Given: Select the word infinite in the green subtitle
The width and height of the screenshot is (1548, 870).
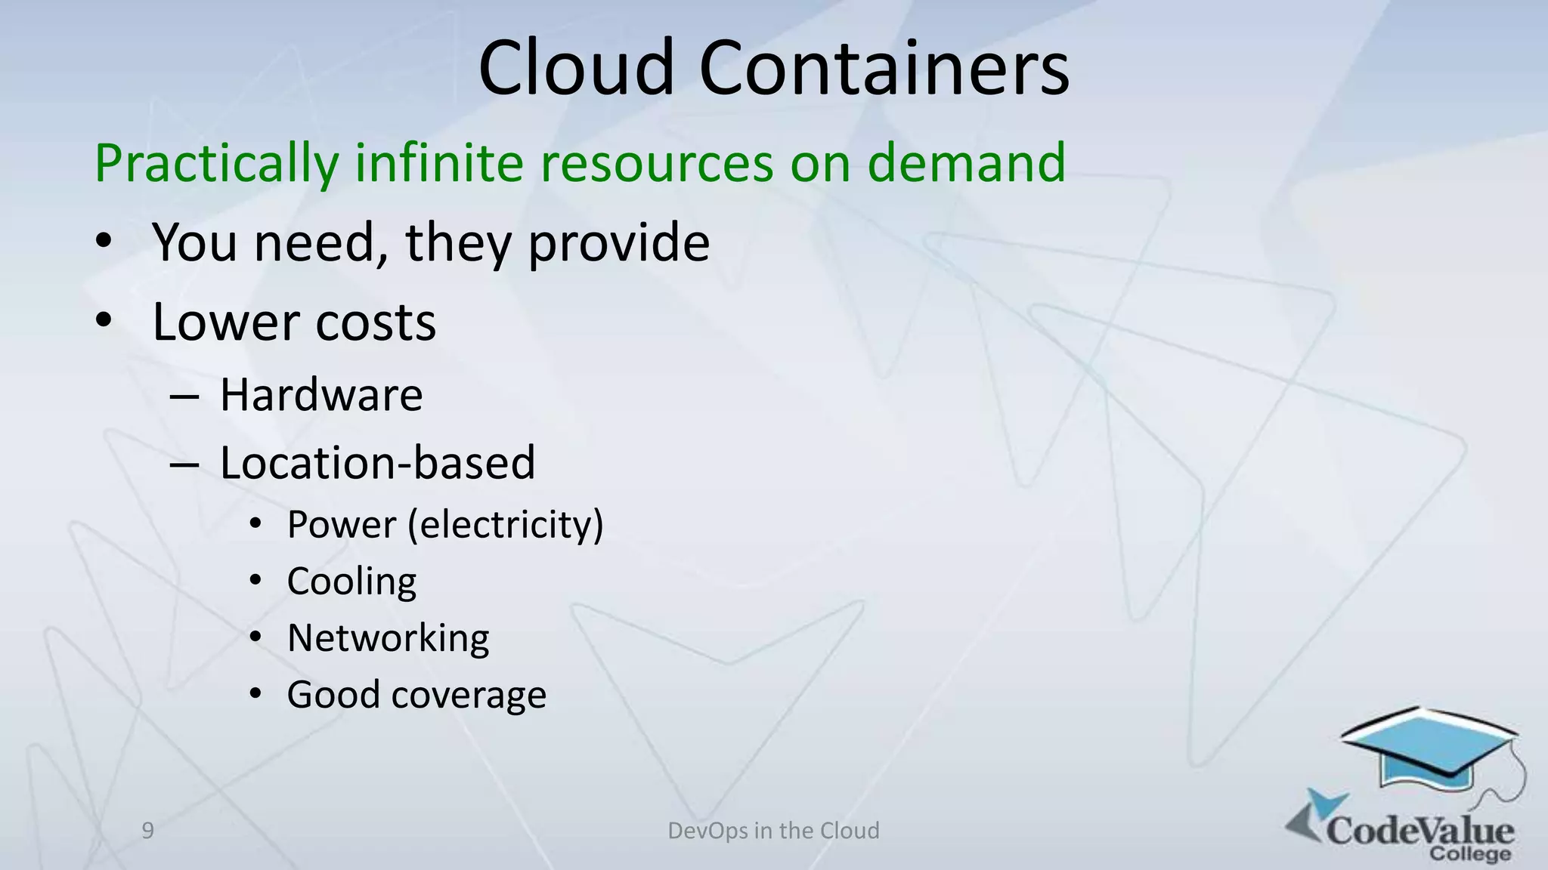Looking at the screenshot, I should [439, 162].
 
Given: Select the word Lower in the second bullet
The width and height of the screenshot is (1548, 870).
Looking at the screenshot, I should [226, 322].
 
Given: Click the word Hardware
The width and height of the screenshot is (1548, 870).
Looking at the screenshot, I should [321, 395].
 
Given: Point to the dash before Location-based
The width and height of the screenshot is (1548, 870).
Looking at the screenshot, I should [184, 464].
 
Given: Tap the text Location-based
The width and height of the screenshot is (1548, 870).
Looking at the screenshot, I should [377, 463].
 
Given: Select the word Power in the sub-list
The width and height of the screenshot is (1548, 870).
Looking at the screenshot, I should [342, 525].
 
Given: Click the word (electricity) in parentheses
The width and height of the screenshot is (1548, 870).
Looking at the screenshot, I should [506, 525].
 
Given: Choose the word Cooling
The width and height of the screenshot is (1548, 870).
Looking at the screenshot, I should [351, 582].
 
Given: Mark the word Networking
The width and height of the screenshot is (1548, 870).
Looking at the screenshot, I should [388, 639].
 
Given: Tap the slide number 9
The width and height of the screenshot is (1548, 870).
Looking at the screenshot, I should [148, 831].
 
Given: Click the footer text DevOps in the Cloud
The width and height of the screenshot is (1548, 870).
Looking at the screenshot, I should [773, 831].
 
